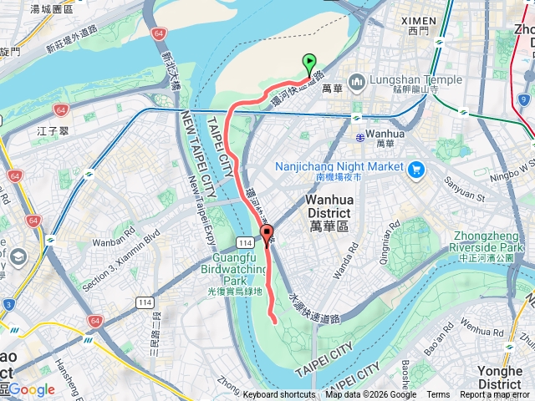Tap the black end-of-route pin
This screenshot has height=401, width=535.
tap(267, 234)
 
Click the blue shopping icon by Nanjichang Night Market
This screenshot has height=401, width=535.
tap(416, 168)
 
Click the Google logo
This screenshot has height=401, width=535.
tap(32, 389)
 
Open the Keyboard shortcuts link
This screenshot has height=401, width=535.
tap(279, 395)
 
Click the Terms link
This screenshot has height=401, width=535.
tap(438, 395)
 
